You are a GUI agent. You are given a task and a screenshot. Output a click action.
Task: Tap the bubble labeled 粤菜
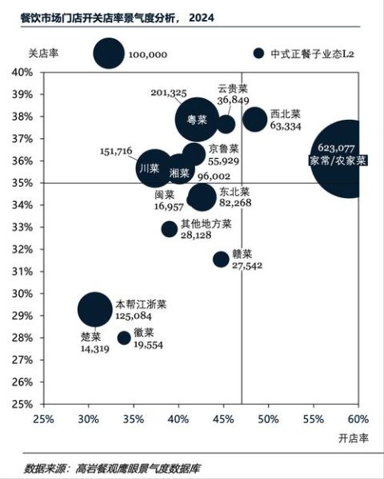click(197, 119)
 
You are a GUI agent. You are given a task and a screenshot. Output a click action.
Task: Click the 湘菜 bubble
click(182, 172)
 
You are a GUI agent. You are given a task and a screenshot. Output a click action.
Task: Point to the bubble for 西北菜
click(255, 120)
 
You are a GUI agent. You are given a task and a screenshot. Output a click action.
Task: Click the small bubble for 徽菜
click(124, 338)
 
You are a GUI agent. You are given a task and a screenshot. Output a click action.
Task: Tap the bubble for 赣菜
click(221, 259)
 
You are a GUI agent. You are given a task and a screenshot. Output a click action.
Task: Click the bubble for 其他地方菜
click(169, 229)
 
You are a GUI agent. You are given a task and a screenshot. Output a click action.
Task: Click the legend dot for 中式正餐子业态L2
click(258, 53)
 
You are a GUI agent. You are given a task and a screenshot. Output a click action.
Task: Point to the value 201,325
click(168, 93)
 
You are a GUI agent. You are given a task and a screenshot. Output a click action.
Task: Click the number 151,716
click(116, 151)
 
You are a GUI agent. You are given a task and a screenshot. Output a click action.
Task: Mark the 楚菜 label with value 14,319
click(91, 342)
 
